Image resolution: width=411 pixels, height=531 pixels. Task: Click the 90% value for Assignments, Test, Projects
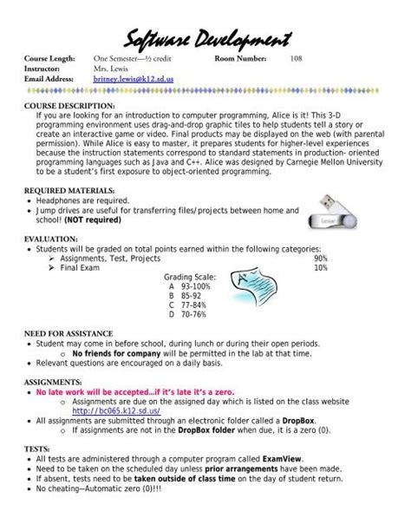(320, 258)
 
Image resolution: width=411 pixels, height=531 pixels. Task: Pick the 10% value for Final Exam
(320, 268)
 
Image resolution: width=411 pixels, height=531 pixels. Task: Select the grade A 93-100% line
(192, 286)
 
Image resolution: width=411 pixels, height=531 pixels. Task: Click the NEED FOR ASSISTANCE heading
(68, 333)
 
